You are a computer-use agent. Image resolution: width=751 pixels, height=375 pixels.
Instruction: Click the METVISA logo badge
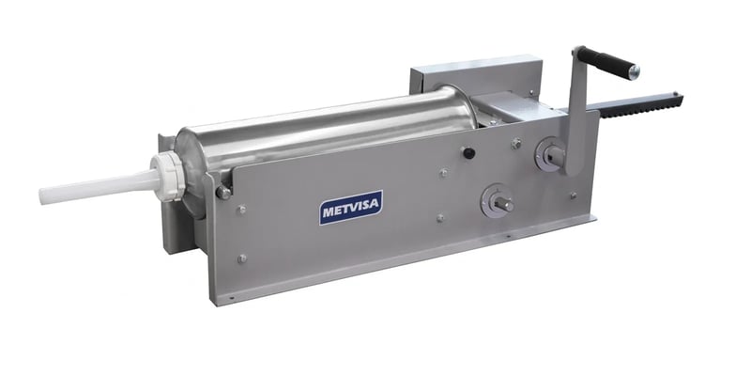351,207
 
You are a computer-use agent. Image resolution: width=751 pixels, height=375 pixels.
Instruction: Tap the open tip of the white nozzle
43,196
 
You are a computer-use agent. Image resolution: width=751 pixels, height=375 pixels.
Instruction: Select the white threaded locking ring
169,175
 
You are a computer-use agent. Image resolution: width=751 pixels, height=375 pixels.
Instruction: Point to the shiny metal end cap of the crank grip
634,72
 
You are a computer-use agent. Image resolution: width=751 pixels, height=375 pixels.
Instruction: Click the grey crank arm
577,111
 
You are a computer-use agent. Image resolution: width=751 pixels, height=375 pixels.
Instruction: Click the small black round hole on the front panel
468,153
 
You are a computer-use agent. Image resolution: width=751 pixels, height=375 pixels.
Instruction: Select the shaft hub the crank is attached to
549,154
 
